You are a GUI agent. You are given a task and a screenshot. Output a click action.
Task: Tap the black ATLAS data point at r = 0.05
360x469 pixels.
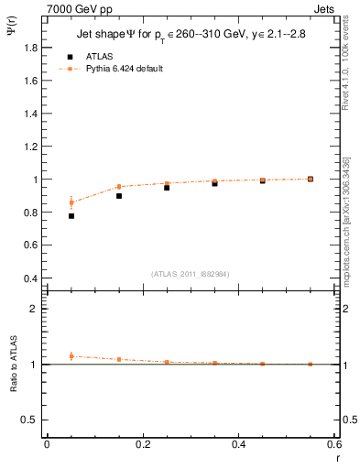coord(71,216)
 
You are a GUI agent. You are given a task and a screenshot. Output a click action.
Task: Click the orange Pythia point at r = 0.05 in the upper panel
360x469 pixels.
coord(71,202)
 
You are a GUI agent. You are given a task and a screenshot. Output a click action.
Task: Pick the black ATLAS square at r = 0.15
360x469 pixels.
coord(119,196)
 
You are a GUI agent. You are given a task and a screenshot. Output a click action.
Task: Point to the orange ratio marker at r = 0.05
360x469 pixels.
coord(71,356)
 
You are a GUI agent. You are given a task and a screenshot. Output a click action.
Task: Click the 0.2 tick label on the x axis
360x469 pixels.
coord(142,444)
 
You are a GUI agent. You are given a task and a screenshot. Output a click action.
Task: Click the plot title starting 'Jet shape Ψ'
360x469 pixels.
coord(191,36)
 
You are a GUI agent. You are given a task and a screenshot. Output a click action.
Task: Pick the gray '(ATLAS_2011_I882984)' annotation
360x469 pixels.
coord(191,274)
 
